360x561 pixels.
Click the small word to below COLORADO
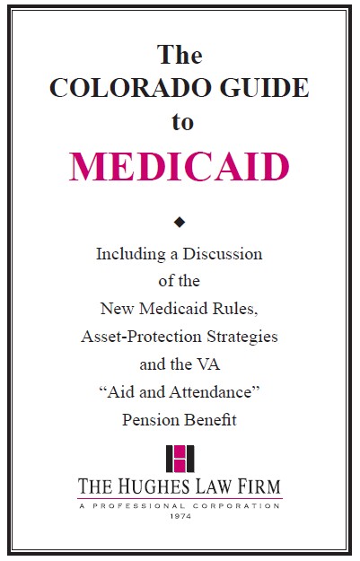tap(182, 122)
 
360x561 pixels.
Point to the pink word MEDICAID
tap(180, 167)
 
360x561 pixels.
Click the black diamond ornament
tap(180, 221)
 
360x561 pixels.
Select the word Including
tap(130, 254)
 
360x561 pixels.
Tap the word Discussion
tap(222, 254)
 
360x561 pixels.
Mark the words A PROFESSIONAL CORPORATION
tap(180, 505)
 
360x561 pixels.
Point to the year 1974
tap(180, 516)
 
